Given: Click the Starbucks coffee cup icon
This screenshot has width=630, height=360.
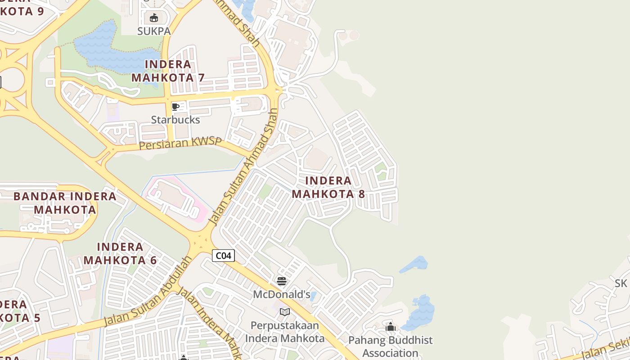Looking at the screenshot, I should coord(175,107).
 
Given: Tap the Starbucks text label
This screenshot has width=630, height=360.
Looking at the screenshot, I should coord(175,120).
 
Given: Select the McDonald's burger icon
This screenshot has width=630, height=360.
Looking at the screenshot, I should coord(282,282).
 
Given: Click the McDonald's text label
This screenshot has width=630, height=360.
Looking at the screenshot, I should coord(282,295).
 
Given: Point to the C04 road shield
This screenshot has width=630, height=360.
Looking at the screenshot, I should coord(223,256).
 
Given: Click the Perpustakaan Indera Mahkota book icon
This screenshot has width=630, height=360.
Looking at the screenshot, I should coord(284,312).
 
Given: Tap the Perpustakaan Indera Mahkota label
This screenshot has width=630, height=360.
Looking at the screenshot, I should coord(284,332).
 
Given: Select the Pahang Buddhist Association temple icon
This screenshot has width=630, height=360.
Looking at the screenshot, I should coord(391,327).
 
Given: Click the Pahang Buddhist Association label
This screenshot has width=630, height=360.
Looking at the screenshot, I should coord(391,346).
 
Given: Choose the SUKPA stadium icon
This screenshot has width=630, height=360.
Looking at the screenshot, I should coord(154,18).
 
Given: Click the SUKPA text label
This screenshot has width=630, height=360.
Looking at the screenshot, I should coord(154,31).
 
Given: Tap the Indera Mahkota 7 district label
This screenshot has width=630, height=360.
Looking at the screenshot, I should coord(168,71).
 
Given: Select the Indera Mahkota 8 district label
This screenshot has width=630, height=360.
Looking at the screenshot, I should coord(328,187).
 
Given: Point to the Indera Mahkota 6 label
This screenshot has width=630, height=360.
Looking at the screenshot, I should coord(120,253).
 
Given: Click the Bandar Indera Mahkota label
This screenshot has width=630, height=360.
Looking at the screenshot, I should coord(65,203).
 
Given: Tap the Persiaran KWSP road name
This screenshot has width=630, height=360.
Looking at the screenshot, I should coord(180,144).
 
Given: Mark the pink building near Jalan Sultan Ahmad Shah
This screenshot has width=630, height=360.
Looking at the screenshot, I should coord(178,198).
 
